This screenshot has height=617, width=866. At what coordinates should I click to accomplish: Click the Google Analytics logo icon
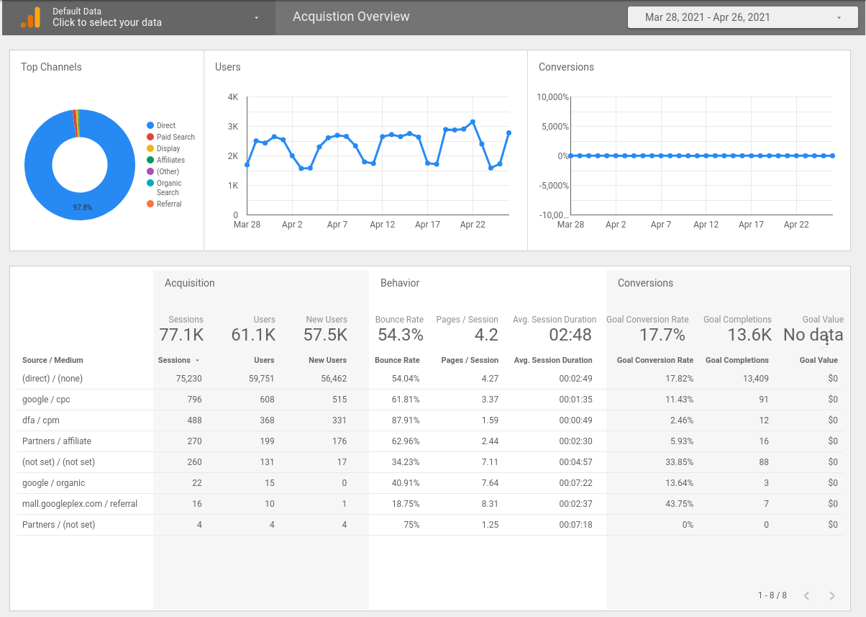coord(30,17)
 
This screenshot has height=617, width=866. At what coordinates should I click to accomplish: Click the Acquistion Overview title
coord(351,17)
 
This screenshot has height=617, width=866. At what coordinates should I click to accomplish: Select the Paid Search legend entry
coord(175,137)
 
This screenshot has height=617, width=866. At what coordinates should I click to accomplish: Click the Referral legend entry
coord(168,204)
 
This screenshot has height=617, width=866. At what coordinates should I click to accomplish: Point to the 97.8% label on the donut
coord(82,207)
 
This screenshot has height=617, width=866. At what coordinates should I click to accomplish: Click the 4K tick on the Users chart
coord(232,97)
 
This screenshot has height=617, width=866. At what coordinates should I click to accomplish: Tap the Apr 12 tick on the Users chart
coord(382,225)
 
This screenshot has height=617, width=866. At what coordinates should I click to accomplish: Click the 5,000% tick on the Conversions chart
coord(554,127)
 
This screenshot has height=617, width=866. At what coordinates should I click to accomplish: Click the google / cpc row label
coord(46,399)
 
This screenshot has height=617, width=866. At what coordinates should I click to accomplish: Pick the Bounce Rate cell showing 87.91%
coord(406,420)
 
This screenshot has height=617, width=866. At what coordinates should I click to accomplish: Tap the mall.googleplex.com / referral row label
coord(80,503)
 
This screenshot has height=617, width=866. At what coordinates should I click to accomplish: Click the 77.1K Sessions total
coord(181,335)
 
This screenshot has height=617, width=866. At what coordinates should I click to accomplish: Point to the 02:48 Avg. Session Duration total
coord(570,335)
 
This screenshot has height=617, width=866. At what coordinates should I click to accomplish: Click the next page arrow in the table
coord(832,595)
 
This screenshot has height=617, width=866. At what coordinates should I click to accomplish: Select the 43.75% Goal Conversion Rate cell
coord(678,503)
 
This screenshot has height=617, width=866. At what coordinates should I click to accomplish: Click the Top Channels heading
coord(51,67)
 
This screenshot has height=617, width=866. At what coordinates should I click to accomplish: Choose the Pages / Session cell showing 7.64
coord(489,482)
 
